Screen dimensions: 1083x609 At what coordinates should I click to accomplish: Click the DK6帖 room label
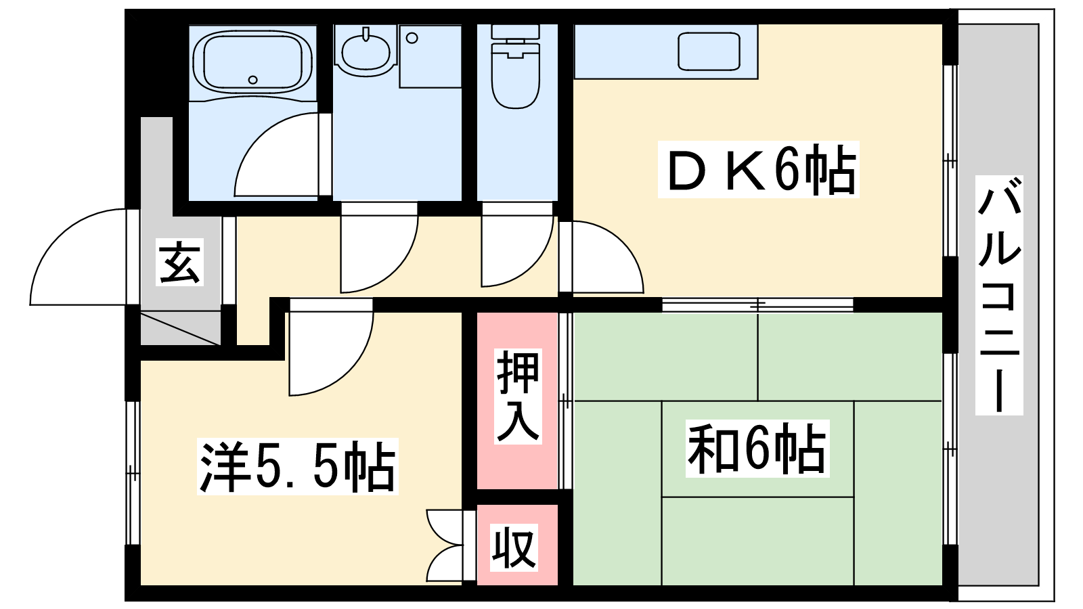[x=758, y=169]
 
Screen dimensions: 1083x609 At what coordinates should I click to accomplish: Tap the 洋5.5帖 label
[x=297, y=466]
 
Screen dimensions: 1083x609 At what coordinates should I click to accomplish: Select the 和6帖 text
[x=757, y=449]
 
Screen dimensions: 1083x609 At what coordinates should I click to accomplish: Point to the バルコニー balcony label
[x=999, y=295]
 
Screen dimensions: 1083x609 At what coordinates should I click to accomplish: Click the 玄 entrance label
[x=179, y=261]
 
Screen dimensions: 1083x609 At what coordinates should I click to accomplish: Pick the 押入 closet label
[x=518, y=397]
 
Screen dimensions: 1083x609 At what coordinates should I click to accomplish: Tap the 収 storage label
[x=514, y=547]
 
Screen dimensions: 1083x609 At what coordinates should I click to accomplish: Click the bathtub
[x=252, y=62]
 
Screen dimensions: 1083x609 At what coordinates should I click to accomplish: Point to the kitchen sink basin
[x=709, y=51]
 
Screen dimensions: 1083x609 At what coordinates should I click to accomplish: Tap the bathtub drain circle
[x=252, y=80]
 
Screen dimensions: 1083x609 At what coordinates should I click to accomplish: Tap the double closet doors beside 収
[x=445, y=545]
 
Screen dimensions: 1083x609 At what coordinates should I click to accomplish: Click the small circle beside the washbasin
[x=412, y=38]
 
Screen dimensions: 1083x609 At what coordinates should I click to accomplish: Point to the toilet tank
[x=515, y=32]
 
